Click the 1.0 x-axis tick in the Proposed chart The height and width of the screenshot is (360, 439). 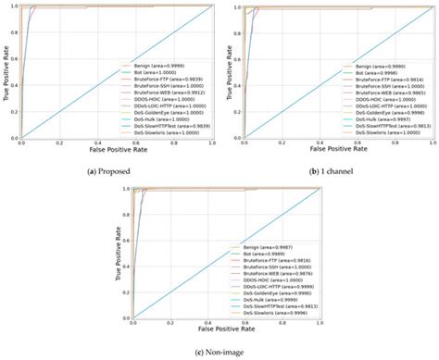pyautogui.click(x=212, y=143)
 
